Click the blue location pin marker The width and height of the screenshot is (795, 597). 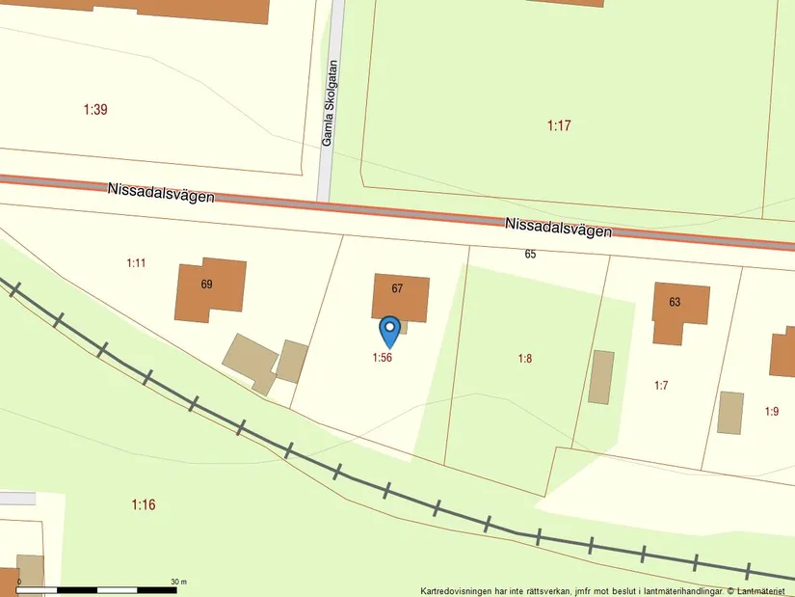tap(389, 331)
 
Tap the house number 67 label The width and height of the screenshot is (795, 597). tap(397, 288)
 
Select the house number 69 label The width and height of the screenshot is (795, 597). tap(206, 285)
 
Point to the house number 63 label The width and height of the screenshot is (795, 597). tap(675, 302)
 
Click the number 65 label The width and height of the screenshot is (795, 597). tap(530, 255)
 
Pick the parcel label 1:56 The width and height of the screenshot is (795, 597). tap(383, 358)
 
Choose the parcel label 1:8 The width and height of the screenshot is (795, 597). tap(525, 359)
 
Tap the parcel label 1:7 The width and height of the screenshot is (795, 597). tap(661, 386)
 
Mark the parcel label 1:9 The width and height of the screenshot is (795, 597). tap(772, 412)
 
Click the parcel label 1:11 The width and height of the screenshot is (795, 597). tap(136, 262)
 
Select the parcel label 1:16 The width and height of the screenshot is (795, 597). tap(144, 504)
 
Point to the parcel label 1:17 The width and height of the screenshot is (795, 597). tap(559, 125)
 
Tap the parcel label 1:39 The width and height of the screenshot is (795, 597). tap(95, 110)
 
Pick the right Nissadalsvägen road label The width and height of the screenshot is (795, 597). tap(558, 228)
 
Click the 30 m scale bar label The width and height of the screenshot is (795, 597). tap(178, 582)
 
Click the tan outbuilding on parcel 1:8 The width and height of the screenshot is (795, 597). tap(601, 377)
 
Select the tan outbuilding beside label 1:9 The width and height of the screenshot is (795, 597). tap(730, 413)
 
